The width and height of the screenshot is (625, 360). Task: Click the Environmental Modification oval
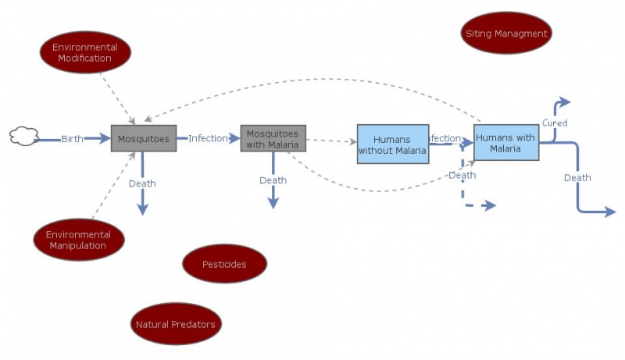tap(84, 52)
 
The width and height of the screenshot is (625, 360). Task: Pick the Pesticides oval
tap(224, 264)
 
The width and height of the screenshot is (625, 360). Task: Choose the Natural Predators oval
tap(175, 325)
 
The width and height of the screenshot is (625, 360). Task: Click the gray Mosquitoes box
tap(144, 138)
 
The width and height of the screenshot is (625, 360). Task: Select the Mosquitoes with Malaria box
tap(273, 138)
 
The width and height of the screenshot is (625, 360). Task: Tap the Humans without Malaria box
tap(393, 144)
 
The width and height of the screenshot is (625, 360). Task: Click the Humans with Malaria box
tap(505, 143)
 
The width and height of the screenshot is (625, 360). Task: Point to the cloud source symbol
tap(24, 137)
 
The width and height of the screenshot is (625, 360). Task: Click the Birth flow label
tap(73, 138)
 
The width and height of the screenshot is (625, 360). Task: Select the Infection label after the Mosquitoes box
tap(208, 138)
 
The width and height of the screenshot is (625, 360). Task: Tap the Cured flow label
tap(555, 123)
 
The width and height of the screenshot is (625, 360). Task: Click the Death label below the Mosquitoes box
tap(142, 184)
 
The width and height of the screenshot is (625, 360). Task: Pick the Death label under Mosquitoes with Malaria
tap(273, 180)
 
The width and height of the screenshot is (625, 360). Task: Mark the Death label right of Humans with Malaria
tap(577, 178)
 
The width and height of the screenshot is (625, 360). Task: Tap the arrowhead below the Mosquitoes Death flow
tap(142, 209)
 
